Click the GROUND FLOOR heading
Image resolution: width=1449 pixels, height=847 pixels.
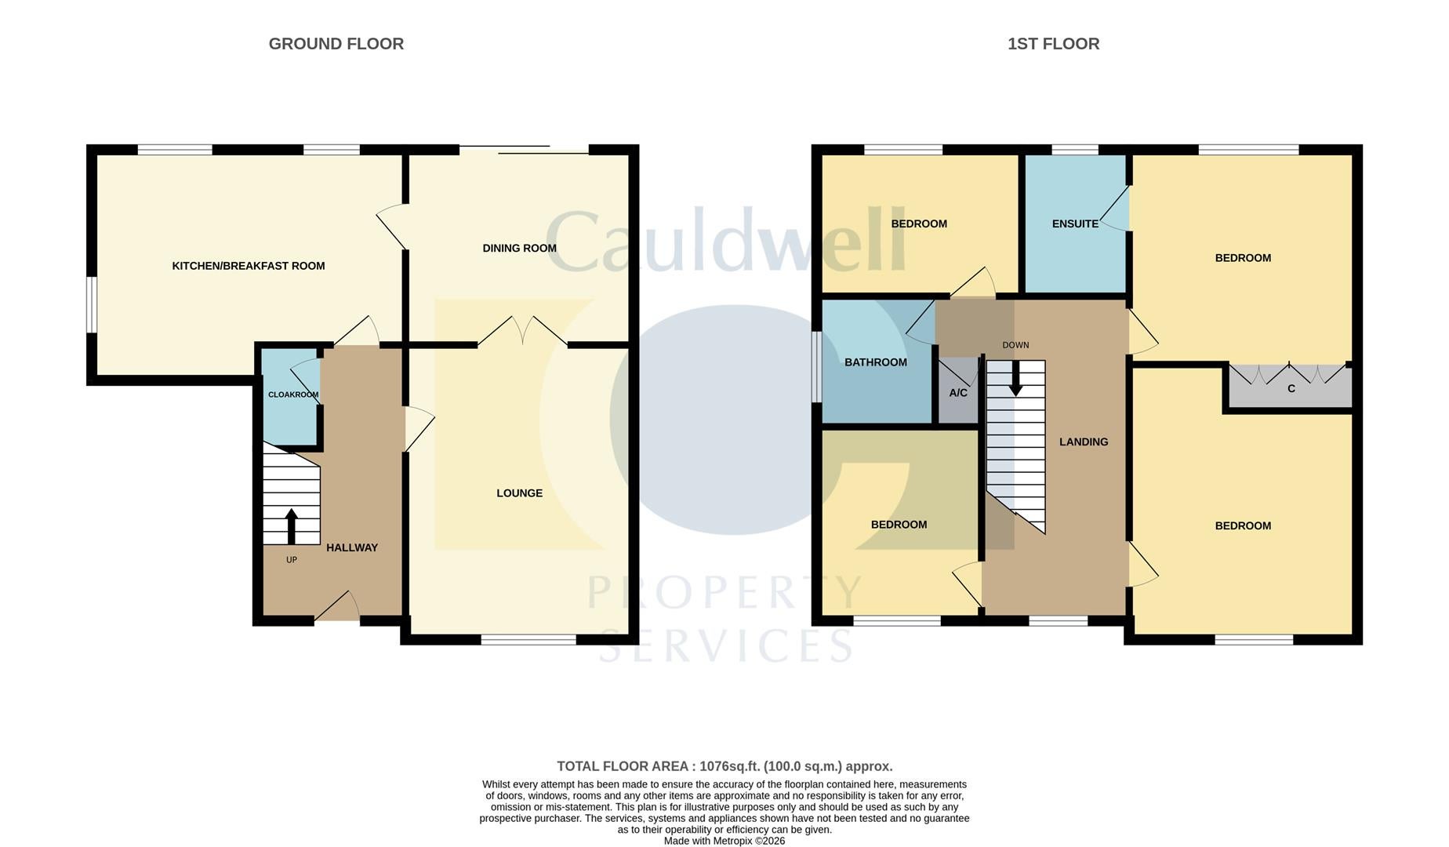[336, 44]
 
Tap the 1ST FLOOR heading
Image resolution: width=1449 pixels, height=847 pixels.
[1053, 44]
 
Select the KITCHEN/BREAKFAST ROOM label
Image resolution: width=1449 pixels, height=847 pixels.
[249, 266]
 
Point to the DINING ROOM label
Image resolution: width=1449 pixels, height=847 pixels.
[519, 248]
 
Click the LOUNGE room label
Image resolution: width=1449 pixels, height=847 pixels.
[519, 493]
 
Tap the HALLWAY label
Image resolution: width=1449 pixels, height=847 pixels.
[352, 547]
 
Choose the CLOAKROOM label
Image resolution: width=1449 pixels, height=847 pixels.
[293, 394]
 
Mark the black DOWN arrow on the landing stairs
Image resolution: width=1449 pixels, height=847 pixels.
[1015, 378]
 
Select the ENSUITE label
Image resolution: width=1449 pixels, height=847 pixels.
[1075, 224]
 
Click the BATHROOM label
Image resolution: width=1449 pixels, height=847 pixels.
[876, 362]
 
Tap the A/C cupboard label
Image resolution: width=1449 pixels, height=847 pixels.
[958, 393]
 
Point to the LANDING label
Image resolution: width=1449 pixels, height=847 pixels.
[1084, 442]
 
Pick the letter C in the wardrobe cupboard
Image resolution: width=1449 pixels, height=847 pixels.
[1291, 388]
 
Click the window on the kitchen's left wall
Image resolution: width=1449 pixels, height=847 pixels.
[91, 305]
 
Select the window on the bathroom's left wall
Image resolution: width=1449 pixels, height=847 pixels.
[816, 367]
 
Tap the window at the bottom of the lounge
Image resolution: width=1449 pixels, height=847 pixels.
[528, 640]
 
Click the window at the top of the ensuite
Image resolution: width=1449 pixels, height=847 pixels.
[1075, 150]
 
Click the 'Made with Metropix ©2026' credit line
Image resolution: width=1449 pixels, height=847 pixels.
[724, 841]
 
